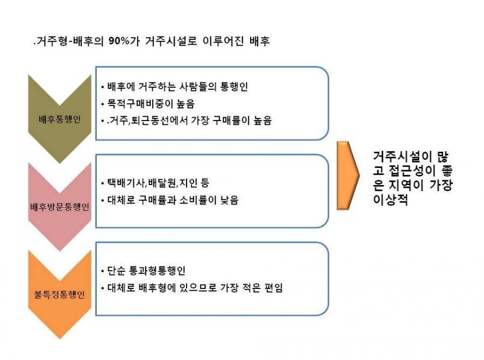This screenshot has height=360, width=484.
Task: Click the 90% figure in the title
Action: coord(119,41)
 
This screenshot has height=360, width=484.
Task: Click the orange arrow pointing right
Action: coord(348,175)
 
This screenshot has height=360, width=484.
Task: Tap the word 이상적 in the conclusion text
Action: coord(390,200)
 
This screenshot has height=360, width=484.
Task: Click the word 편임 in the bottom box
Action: coord(274,288)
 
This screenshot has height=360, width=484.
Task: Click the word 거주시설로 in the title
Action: coord(171,41)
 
